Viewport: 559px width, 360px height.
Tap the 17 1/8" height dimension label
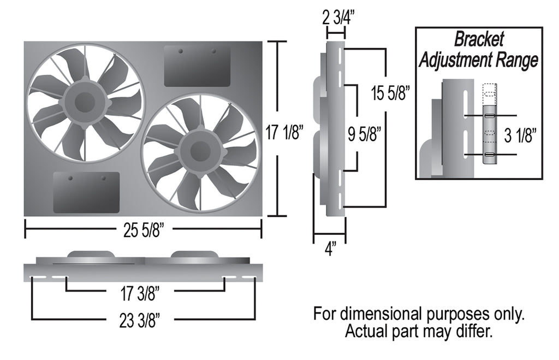[284, 133]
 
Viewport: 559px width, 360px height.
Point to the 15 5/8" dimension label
[389, 93]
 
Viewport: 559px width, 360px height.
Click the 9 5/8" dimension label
[364, 134]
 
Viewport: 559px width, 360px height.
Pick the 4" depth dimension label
[330, 249]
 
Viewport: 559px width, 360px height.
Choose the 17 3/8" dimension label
[139, 294]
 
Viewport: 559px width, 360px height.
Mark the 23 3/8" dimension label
[139, 321]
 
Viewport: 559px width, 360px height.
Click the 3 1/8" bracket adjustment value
[520, 135]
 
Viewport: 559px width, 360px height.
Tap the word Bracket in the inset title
[479, 39]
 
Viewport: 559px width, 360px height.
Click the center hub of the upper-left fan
[85, 102]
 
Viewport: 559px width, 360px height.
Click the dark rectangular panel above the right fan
[197, 66]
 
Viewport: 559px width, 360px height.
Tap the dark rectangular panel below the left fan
[86, 192]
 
